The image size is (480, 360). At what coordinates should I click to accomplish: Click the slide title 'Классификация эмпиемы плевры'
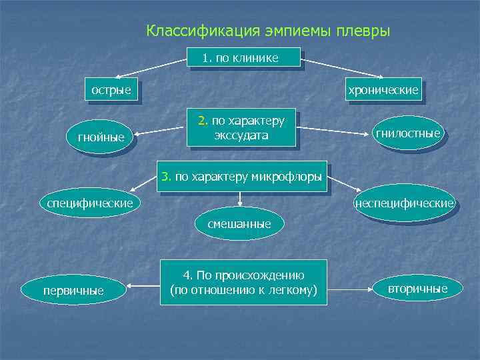(x=268, y=31)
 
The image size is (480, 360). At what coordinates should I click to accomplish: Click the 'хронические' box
(x=382, y=90)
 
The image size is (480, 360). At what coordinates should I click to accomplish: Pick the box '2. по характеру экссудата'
(x=241, y=128)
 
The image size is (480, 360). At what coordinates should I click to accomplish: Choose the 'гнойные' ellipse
(x=101, y=137)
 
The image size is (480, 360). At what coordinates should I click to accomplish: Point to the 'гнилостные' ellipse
(x=407, y=133)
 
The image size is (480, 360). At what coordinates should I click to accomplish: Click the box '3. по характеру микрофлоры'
(x=241, y=177)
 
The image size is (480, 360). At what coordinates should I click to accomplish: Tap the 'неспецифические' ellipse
(x=404, y=202)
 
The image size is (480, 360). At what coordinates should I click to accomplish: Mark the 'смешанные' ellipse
(x=239, y=224)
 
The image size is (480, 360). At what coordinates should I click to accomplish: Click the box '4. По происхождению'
(x=243, y=282)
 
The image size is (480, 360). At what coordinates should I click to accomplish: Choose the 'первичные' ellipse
(x=73, y=290)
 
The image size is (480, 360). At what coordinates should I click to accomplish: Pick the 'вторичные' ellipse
(x=417, y=287)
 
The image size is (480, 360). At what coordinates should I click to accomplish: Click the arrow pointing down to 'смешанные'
(x=239, y=201)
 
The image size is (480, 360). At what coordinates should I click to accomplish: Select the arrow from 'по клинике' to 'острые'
(x=150, y=69)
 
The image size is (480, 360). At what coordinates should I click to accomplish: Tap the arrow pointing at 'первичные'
(x=143, y=288)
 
